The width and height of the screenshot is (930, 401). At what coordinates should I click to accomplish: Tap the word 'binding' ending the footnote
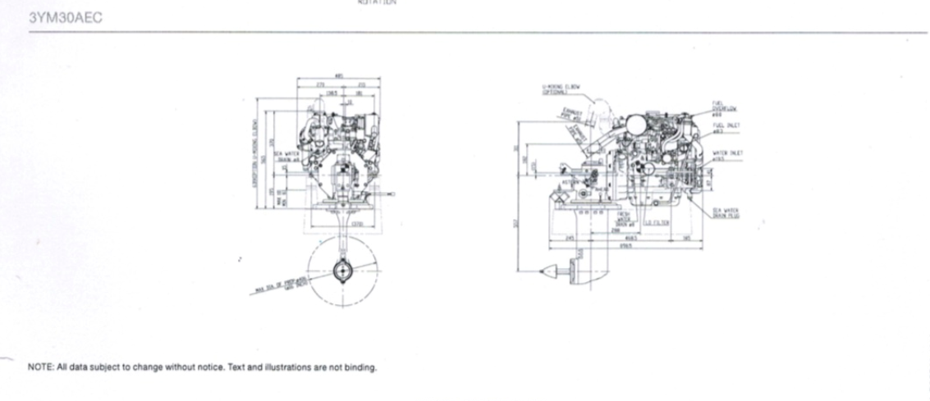362,367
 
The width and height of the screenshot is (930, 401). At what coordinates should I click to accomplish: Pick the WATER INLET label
728,154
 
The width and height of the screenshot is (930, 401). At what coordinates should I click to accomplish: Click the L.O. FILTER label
657,221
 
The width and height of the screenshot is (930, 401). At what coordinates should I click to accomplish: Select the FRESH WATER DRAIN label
625,217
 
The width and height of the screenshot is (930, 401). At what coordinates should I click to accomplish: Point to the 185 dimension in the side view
686,239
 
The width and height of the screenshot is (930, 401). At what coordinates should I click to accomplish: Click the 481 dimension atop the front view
339,77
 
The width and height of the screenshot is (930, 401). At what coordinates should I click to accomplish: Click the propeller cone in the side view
554,267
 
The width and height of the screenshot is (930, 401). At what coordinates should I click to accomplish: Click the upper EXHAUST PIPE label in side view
572,114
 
